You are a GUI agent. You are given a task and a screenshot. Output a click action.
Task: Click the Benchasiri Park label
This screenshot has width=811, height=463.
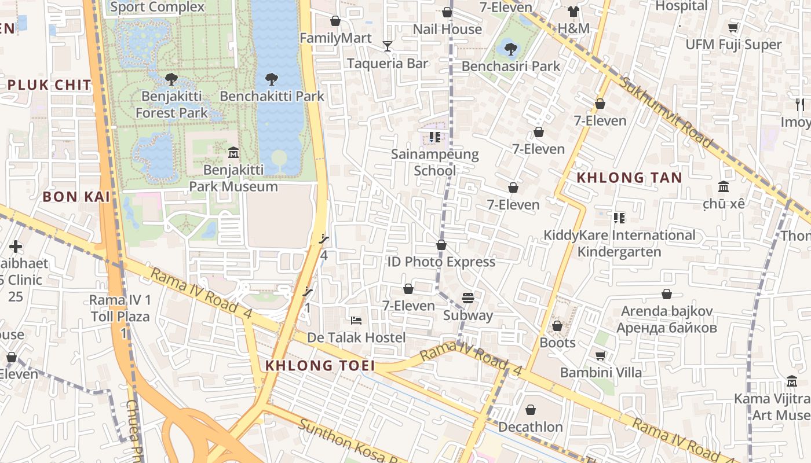click(511, 66)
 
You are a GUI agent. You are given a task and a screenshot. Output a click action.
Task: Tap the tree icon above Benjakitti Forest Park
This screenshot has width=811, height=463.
click(171, 79)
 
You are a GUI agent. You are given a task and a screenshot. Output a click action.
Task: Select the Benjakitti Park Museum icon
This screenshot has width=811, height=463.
click(233, 152)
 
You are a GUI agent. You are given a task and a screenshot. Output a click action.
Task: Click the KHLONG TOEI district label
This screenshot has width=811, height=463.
click(320, 366)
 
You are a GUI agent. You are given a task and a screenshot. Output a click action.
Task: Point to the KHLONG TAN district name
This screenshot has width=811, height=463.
click(630, 178)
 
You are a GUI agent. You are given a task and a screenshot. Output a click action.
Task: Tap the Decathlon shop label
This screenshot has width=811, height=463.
click(531, 427)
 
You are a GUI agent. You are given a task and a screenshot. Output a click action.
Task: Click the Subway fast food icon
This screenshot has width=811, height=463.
click(468, 298)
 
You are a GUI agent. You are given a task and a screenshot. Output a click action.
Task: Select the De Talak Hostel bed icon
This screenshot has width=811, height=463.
click(356, 320)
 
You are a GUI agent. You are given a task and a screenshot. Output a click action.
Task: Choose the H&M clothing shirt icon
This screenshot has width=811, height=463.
click(573, 12)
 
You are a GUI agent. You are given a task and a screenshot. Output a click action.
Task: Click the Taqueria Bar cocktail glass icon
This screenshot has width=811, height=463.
click(388, 46)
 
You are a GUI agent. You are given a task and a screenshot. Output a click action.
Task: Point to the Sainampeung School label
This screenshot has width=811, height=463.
click(435, 163)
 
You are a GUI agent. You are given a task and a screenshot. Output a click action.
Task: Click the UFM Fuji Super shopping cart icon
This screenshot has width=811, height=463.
click(733, 27)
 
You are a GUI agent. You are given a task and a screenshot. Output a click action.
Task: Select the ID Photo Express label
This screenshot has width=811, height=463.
click(441, 262)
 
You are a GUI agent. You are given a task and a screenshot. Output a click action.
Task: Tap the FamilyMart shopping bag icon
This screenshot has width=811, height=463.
click(335, 21)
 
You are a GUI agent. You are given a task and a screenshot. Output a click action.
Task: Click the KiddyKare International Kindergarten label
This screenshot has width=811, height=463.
click(619, 244)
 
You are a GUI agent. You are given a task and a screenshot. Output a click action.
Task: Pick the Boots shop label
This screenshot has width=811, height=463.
click(557, 343)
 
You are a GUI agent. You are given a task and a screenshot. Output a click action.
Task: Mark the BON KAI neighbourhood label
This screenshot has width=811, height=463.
click(76, 197)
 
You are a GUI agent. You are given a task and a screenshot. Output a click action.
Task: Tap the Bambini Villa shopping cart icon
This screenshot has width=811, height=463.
click(601, 355)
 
